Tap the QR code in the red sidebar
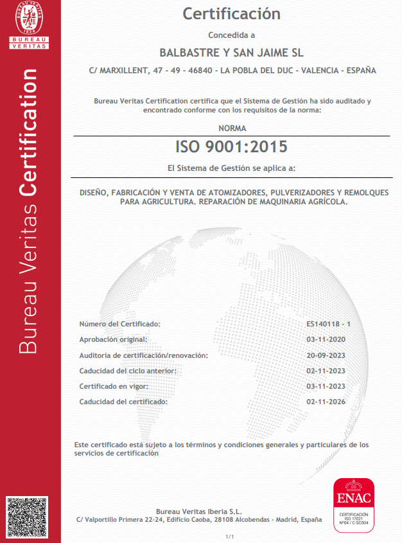click(26, 517)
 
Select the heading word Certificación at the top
click(232, 13)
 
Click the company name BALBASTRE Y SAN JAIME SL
click(232, 51)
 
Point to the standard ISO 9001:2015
click(232, 147)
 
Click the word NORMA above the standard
click(232, 129)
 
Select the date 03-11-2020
click(326, 339)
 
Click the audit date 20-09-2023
click(326, 355)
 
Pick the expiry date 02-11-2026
click(326, 402)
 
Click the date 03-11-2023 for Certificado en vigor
click(326, 386)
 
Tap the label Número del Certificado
click(119, 324)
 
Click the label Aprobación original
click(113, 339)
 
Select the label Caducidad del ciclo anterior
click(127, 371)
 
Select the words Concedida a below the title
click(232, 35)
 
